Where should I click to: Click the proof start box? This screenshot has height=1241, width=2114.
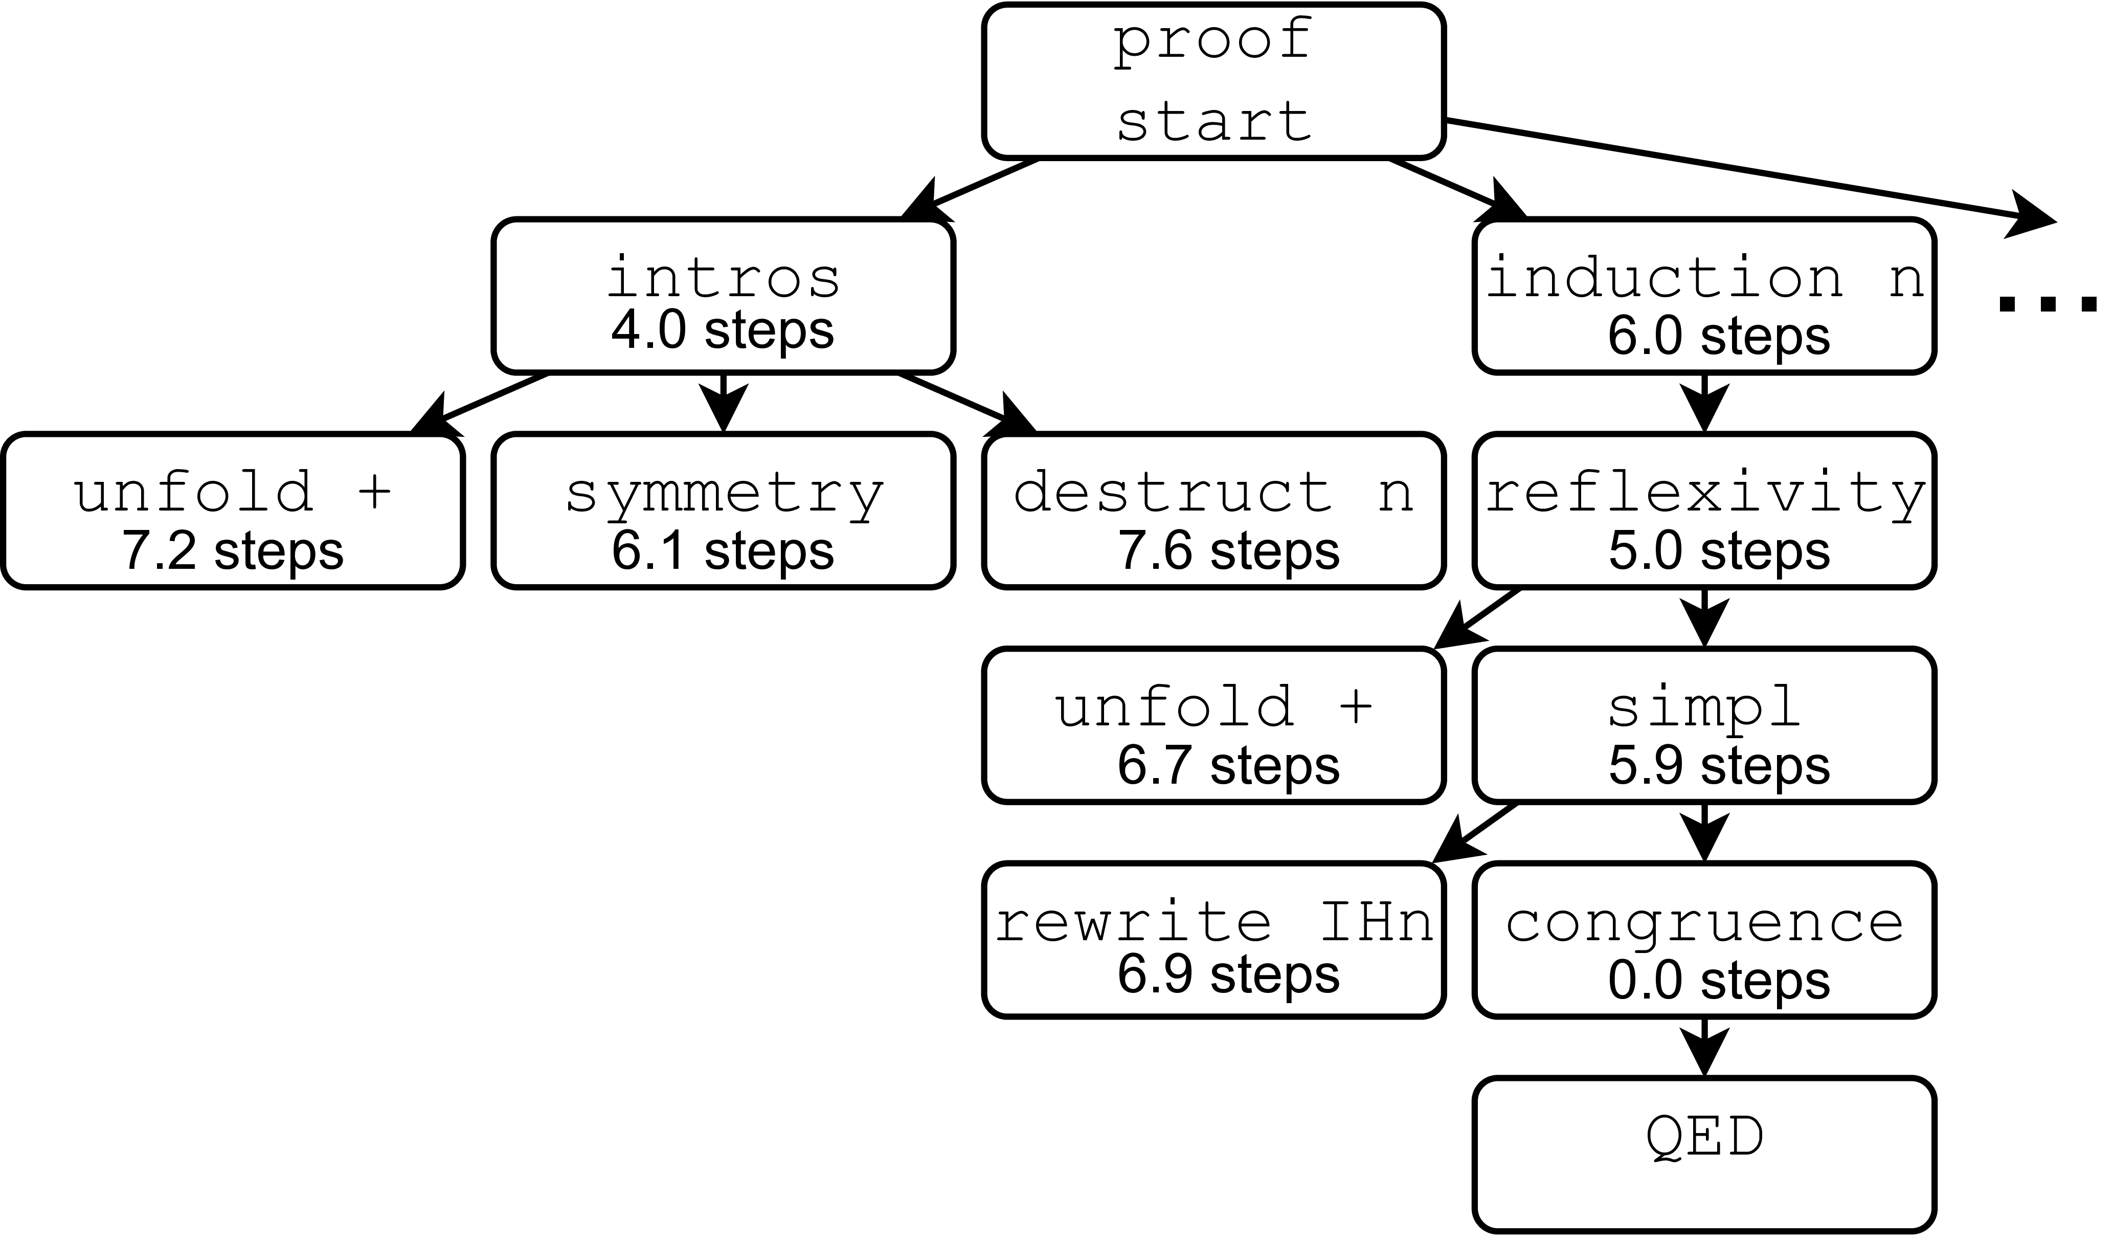click(x=1213, y=81)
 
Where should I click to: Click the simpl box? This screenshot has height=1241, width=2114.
click(x=1704, y=725)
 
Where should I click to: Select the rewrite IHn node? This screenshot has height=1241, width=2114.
click(x=1213, y=940)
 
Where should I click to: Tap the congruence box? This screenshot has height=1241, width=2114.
click(x=1704, y=940)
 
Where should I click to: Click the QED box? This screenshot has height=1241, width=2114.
click(x=1704, y=1155)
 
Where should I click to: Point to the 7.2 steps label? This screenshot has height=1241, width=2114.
click(x=232, y=551)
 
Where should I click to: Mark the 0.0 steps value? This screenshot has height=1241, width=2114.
click(x=1718, y=980)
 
